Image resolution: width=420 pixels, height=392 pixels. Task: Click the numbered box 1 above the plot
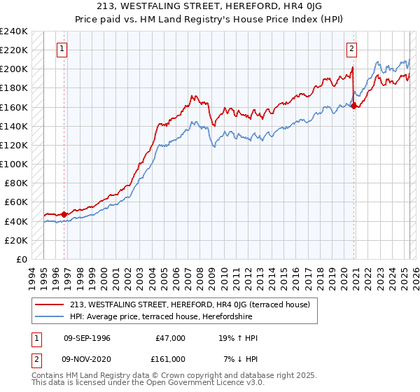[x=63, y=49]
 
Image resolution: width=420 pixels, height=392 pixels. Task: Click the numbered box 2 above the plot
[x=351, y=49]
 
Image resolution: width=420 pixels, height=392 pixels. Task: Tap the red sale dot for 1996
[x=64, y=214]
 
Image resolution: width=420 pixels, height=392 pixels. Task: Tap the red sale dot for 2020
[x=354, y=106]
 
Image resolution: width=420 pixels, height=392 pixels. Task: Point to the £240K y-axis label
[x=13, y=31]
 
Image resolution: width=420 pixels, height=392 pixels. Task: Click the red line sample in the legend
[x=50, y=304]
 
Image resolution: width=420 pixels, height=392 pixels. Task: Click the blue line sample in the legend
[x=50, y=316]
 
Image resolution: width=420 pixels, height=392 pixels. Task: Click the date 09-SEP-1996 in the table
[x=87, y=338]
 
